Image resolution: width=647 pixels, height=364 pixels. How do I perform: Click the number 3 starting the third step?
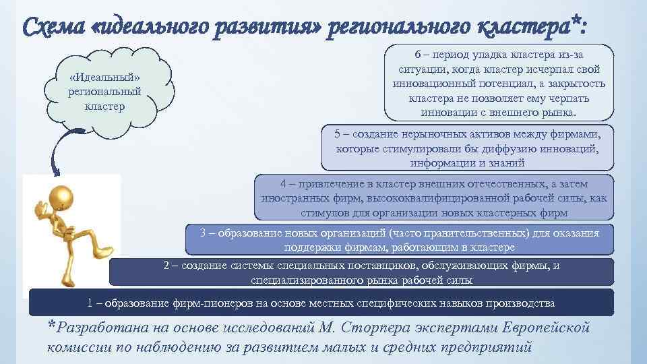(204, 233)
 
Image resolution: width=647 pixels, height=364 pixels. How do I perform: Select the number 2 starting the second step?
(166, 266)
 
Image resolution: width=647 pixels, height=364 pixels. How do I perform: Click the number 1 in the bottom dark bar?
(90, 302)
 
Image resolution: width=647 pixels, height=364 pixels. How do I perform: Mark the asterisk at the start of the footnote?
(51, 327)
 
